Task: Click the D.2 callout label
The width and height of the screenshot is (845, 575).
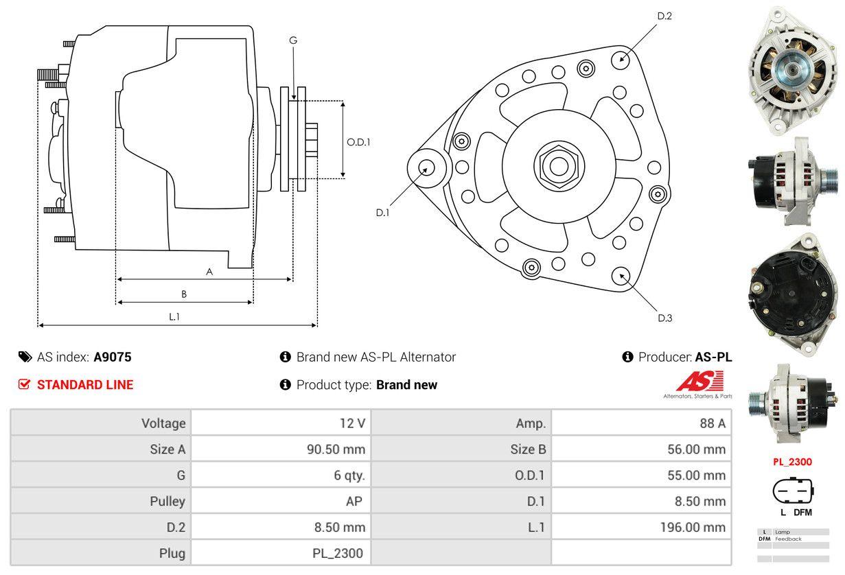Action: point(664,16)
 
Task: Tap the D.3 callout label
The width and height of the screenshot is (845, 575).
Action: point(664,318)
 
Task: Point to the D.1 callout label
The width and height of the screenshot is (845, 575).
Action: point(382,213)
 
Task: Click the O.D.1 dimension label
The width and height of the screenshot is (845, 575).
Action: point(358,143)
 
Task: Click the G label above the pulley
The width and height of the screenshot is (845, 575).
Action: point(293,40)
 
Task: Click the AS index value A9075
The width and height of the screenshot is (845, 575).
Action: point(113,357)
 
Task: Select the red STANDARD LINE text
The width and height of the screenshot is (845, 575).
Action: point(85,385)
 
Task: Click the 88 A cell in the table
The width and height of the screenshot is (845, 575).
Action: point(712,423)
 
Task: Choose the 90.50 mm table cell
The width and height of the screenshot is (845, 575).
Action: point(336,449)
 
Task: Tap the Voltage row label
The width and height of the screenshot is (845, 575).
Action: point(163,423)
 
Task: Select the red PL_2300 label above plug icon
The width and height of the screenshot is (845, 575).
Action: point(792,462)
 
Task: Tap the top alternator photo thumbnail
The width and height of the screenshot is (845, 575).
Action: point(793,69)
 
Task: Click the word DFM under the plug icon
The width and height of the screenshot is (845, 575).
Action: point(802,512)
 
